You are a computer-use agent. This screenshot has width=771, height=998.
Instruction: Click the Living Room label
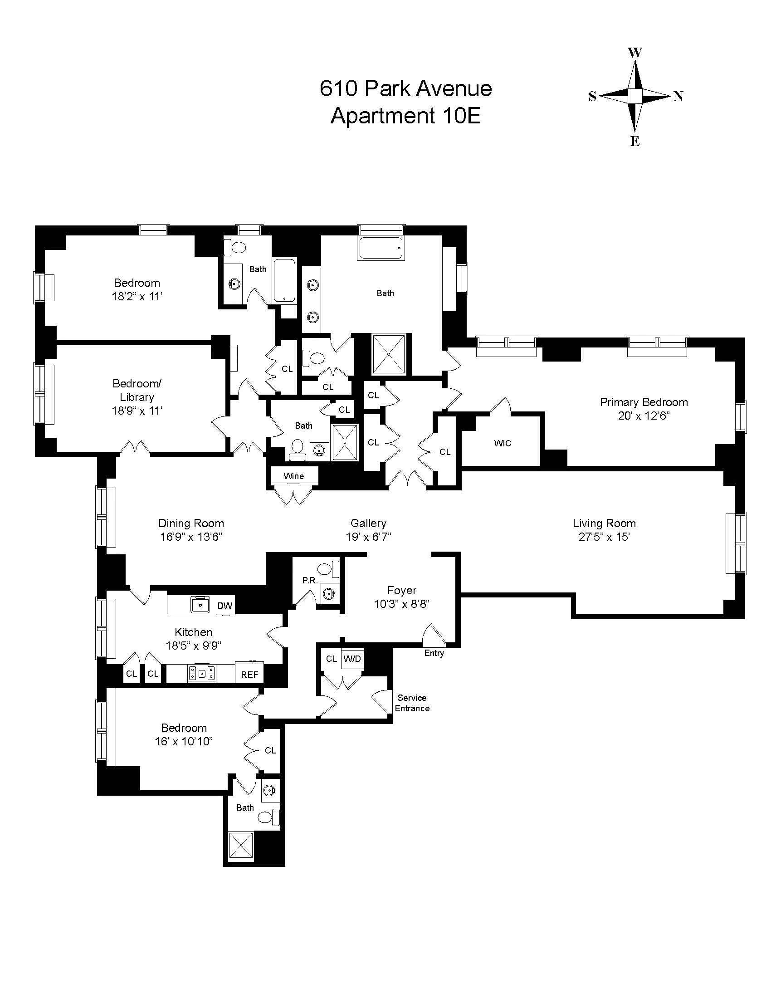(604, 523)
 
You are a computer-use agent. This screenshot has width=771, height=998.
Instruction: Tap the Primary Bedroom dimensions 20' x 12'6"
(644, 416)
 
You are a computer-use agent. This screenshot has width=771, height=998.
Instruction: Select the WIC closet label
(502, 443)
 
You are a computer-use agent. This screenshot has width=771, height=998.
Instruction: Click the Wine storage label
(294, 476)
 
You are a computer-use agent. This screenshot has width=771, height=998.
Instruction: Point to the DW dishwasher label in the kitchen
(224, 606)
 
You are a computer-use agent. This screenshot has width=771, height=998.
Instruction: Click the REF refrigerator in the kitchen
(249, 675)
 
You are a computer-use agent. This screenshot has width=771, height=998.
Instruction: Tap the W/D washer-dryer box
(352, 659)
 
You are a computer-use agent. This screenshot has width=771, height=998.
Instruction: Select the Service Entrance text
(412, 703)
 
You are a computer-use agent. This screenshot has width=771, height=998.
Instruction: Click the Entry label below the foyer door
(434, 653)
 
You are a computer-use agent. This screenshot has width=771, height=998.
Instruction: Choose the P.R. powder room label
(310, 580)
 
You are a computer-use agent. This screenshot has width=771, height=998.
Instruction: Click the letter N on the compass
(678, 97)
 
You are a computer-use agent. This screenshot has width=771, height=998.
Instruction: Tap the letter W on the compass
(635, 53)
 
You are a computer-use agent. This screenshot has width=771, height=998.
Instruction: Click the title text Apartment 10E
(405, 116)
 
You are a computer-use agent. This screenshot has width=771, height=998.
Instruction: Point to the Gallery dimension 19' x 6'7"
(368, 537)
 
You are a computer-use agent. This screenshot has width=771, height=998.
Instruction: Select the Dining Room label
(191, 523)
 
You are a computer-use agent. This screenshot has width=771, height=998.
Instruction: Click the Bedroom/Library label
(137, 390)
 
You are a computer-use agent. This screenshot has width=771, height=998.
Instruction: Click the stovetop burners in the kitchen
(202, 674)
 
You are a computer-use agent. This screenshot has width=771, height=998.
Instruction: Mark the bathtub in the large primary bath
(381, 249)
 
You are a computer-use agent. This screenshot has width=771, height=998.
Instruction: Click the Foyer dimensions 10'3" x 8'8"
(401, 604)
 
